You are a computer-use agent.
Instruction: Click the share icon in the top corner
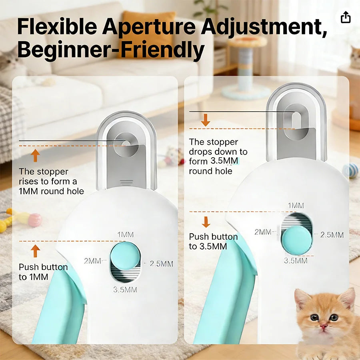point(346,17)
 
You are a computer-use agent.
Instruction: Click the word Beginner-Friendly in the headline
point(111,50)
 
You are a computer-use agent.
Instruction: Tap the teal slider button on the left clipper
point(125,256)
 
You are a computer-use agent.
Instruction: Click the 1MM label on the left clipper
point(125,234)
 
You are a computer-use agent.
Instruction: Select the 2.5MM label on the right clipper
point(332,235)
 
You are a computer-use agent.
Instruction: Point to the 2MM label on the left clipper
point(92,261)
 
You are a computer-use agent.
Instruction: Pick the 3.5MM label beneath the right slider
point(296,260)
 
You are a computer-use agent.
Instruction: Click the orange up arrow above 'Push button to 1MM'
point(36,251)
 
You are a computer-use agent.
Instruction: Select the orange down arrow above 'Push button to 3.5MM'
point(206,222)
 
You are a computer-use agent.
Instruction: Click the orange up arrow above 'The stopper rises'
point(36,155)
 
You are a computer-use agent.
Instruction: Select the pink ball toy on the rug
point(35,220)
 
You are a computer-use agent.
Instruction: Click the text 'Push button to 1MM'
point(43,272)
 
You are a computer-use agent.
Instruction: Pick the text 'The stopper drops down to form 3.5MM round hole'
point(218,156)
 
